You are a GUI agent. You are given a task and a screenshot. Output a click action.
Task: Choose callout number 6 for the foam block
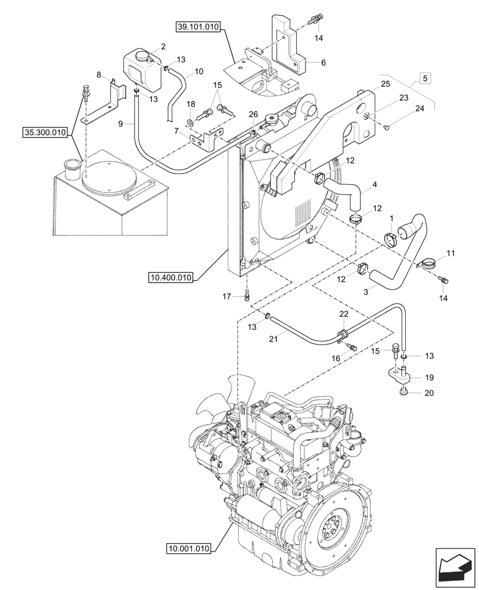click(323, 62)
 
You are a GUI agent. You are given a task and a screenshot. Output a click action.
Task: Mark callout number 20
click(428, 394)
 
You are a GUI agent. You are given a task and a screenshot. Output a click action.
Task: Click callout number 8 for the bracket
click(99, 75)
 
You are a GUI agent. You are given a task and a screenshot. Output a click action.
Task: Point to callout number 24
click(419, 109)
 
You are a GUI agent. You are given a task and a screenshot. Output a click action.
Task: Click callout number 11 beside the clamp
click(451, 254)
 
